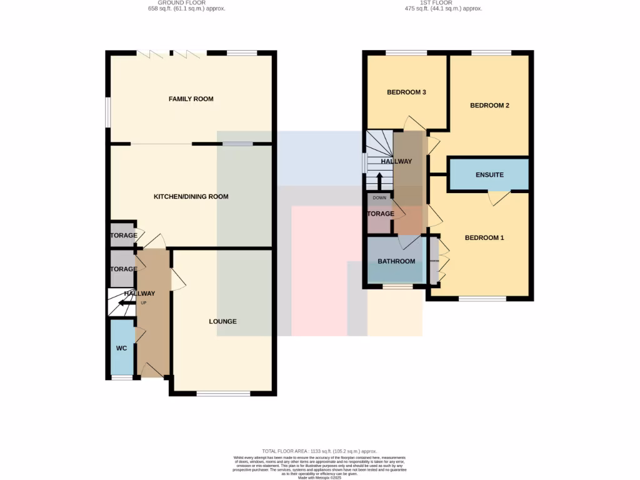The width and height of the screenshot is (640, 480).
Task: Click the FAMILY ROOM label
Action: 191,99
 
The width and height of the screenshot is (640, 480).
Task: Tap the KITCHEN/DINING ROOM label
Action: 191,196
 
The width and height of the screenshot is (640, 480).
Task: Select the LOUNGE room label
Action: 222,321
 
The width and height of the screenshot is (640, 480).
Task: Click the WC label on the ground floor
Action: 121,348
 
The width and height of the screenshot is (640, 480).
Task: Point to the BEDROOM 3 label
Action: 406,92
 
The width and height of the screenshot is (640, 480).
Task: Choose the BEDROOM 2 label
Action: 489,106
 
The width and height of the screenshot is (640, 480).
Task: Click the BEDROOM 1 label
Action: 484,237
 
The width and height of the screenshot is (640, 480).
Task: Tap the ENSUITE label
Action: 489,175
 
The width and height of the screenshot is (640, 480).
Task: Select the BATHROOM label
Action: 396,261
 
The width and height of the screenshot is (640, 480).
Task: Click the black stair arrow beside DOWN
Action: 379,182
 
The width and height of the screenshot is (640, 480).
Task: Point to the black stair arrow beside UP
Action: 126,304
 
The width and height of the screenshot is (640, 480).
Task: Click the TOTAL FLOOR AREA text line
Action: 319,451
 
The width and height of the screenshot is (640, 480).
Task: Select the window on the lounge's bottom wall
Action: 223,393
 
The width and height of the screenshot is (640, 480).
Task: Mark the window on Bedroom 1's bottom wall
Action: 482,299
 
